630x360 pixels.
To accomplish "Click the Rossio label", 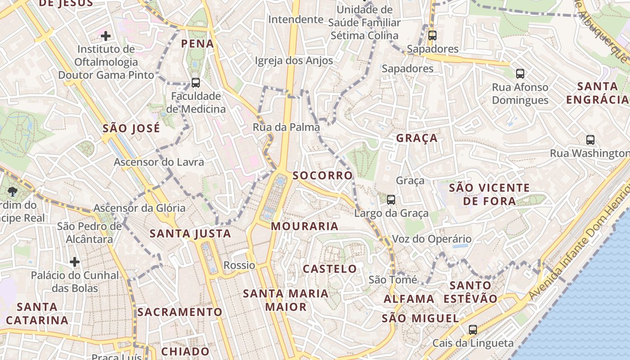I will tap(239, 265).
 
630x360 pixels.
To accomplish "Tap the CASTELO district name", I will tap(330, 269).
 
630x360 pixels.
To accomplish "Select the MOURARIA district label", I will tap(305, 226).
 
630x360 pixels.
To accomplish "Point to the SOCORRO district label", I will tap(323, 175).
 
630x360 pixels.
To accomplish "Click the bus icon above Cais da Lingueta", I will tap(472, 330).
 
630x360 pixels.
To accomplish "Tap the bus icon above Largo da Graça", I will tap(391, 199).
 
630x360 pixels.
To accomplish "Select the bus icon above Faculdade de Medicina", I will tap(195, 83).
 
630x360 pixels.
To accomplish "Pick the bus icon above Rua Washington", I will tap(590, 140).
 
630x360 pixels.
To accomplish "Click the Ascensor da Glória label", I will tap(139, 208).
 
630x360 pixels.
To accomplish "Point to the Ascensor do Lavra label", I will tap(159, 162).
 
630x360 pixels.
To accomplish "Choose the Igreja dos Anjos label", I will tap(294, 61).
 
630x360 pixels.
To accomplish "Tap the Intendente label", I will tap(296, 19).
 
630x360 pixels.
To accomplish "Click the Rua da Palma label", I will tap(286, 127).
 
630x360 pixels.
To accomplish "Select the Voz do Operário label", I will tap(432, 239).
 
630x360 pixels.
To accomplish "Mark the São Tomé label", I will tap(393, 279).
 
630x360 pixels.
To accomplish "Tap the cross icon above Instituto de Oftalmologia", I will tap(106, 36).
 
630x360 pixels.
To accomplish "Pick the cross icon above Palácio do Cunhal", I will tap(75, 261).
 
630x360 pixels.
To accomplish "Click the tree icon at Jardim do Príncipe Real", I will tap(12, 192).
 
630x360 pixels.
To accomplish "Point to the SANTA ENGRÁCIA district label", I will tap(598, 93).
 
